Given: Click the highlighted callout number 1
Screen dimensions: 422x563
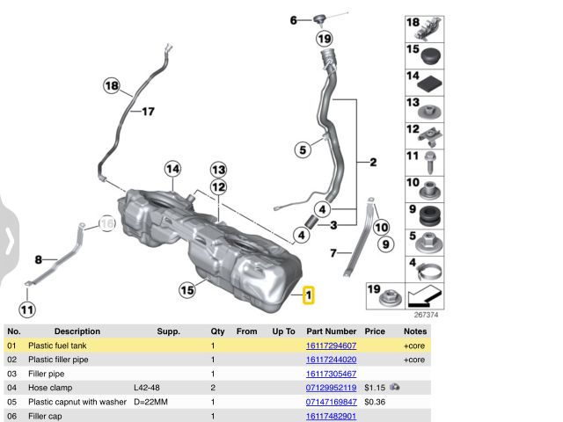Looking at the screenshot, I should [309, 296].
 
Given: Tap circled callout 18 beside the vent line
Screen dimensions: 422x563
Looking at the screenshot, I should [111, 85].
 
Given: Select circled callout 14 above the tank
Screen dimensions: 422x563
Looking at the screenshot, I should [172, 169].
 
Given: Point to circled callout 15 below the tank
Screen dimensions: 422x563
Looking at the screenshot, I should [186, 289].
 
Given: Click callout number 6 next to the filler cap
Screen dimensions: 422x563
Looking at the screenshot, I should [294, 19].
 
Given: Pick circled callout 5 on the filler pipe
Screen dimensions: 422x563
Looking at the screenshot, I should [303, 150].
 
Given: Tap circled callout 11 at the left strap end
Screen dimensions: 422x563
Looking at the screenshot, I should [27, 309].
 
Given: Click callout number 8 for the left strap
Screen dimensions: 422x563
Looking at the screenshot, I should [39, 259].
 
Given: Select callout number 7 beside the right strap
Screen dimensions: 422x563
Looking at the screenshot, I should [333, 253].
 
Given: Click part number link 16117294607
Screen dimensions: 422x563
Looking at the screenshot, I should [331, 346].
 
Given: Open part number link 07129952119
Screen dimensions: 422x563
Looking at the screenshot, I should [331, 388].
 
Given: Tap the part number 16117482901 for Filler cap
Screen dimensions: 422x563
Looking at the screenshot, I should [331, 416].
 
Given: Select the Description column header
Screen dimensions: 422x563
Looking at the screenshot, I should [77, 331].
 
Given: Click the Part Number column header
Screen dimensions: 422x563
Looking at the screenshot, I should [331, 331].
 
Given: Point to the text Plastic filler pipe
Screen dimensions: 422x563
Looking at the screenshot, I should [58, 360].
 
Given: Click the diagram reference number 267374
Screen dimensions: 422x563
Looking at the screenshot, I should [426, 314].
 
